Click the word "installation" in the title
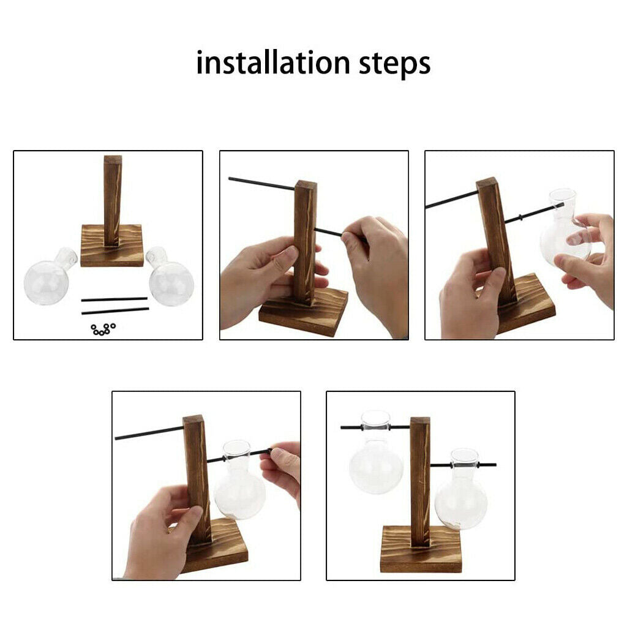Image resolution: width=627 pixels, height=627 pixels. (273, 63)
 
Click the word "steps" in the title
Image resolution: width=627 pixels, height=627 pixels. (394, 64)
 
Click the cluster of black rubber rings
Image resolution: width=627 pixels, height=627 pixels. (103, 329)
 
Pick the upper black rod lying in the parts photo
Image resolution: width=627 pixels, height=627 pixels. (115, 299)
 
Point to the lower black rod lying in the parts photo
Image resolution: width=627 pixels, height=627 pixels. (115, 310)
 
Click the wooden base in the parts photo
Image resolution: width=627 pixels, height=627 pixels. (112, 246)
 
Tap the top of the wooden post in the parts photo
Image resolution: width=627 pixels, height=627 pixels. (113, 160)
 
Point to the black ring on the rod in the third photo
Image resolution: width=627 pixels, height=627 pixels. (520, 217)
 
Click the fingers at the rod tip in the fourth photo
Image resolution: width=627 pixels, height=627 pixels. (280, 468)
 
